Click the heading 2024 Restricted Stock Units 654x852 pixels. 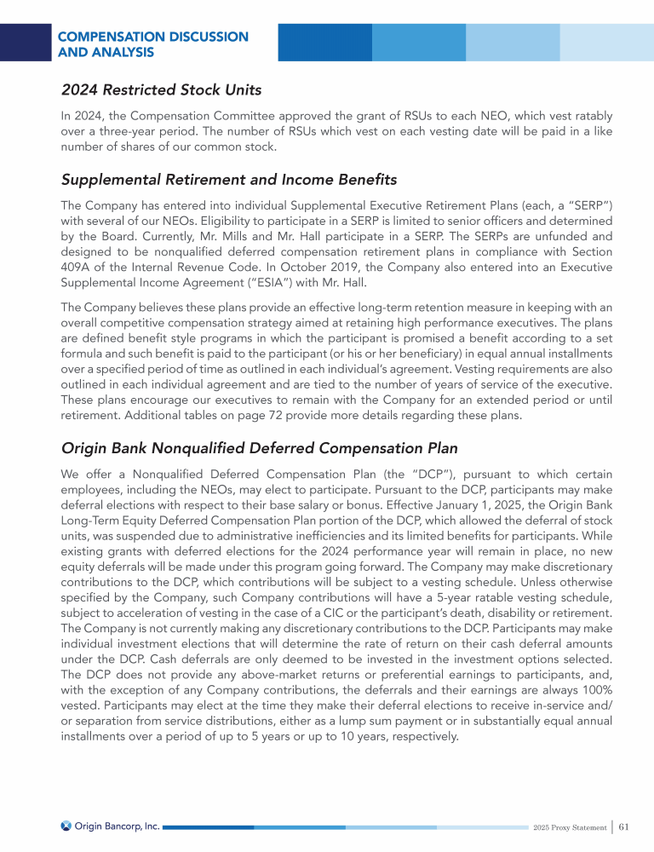161,89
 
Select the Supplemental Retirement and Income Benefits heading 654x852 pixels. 229,181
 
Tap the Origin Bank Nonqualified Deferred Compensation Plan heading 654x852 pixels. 259,448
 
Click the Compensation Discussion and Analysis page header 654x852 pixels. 153,44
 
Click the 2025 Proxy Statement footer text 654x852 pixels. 569,827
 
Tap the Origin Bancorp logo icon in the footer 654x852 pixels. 66,826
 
